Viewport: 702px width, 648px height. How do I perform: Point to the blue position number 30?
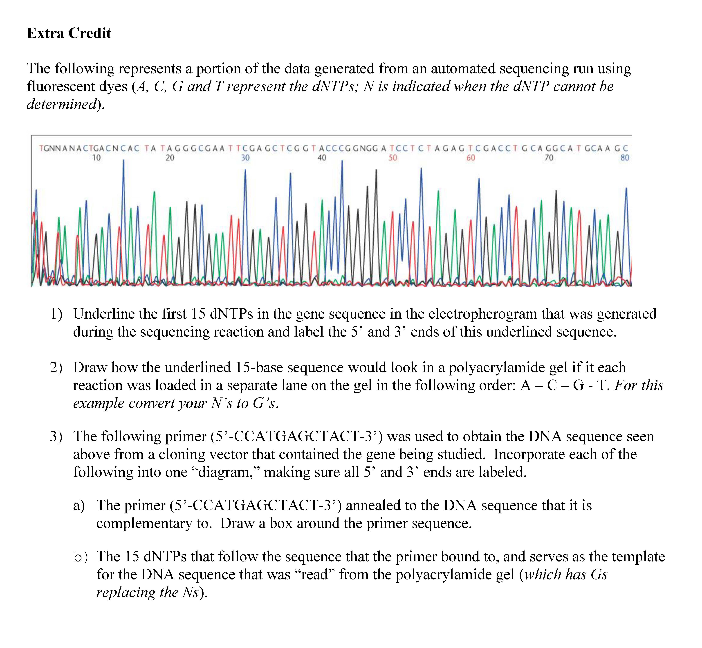coord(245,158)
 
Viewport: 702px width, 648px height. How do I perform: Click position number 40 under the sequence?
coord(322,158)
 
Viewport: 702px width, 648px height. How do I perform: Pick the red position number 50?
coord(393,158)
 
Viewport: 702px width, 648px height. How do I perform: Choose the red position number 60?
coord(471,158)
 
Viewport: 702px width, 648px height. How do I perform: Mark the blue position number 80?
coord(625,158)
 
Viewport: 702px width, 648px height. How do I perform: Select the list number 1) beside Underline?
coord(56,314)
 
